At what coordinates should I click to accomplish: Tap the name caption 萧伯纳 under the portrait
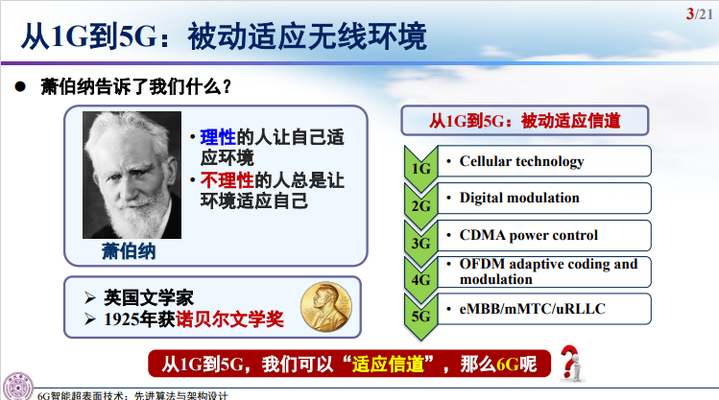(128, 250)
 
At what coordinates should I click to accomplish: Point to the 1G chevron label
(420, 169)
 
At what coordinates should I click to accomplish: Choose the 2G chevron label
(420, 205)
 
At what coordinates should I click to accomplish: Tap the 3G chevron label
(420, 243)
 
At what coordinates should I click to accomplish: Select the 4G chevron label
(420, 280)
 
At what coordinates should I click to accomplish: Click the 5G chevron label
(420, 317)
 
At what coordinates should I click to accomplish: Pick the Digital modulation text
(519, 198)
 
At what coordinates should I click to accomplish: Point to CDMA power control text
(528, 235)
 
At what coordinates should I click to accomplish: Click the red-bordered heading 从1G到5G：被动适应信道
(524, 121)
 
